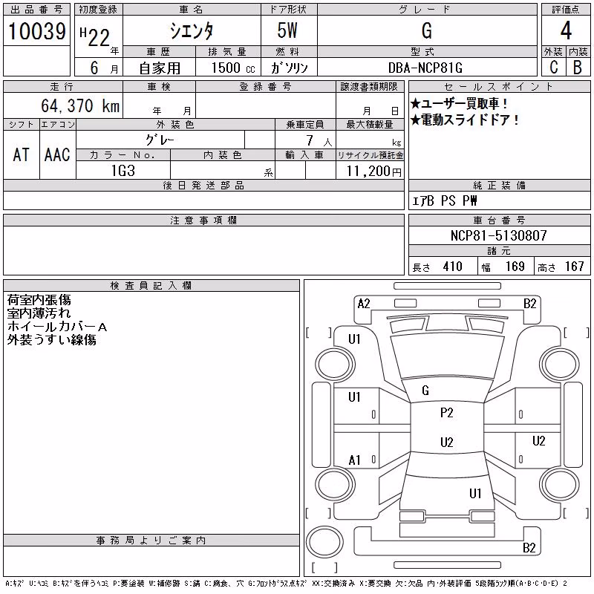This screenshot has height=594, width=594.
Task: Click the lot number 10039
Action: click(x=36, y=31)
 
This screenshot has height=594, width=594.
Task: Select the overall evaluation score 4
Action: click(x=566, y=30)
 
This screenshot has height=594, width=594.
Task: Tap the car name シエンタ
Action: click(x=192, y=31)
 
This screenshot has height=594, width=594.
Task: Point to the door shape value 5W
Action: click(x=287, y=30)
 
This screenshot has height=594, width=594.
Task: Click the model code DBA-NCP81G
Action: click(x=425, y=68)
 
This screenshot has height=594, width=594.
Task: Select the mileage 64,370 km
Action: click(x=80, y=105)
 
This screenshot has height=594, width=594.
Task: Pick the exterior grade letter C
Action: click(x=554, y=68)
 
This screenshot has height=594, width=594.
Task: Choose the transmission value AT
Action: click(x=22, y=155)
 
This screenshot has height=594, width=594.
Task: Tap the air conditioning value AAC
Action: click(x=57, y=155)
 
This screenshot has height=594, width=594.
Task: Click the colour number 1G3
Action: click(x=123, y=171)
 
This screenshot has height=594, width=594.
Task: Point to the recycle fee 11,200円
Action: click(x=373, y=172)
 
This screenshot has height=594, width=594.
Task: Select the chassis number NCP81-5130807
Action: click(x=498, y=235)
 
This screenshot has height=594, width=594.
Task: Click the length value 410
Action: click(x=453, y=267)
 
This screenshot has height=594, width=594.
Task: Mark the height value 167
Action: click(x=575, y=267)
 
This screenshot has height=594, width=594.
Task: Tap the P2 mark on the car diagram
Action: click(x=447, y=413)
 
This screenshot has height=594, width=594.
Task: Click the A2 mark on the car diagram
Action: click(x=364, y=304)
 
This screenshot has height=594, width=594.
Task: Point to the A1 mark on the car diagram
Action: click(x=354, y=460)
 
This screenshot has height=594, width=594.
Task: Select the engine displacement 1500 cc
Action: click(x=233, y=68)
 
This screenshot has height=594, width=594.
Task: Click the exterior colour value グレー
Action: click(x=160, y=140)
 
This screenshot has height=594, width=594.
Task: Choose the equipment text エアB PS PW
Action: click(x=444, y=200)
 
